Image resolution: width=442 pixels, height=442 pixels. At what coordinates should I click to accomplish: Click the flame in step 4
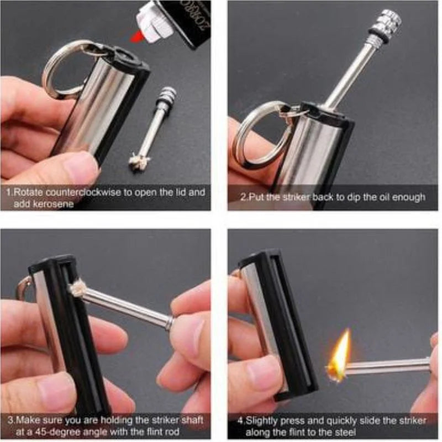point(340,354)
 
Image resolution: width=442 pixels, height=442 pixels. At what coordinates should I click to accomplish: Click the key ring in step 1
point(62,69)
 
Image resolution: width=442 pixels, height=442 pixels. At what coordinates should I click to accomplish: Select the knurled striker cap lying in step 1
point(166,97)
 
